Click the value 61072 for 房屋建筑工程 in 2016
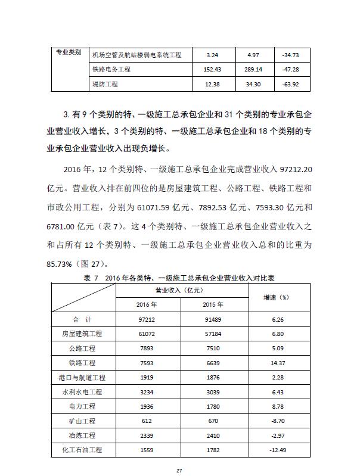click(146, 334)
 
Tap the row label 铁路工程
click(82, 363)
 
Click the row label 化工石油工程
click(82, 450)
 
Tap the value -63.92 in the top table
click(288, 85)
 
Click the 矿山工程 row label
click(82, 421)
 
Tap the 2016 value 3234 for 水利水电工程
click(146, 392)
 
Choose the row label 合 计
click(82, 320)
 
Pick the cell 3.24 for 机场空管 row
click(212, 55)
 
